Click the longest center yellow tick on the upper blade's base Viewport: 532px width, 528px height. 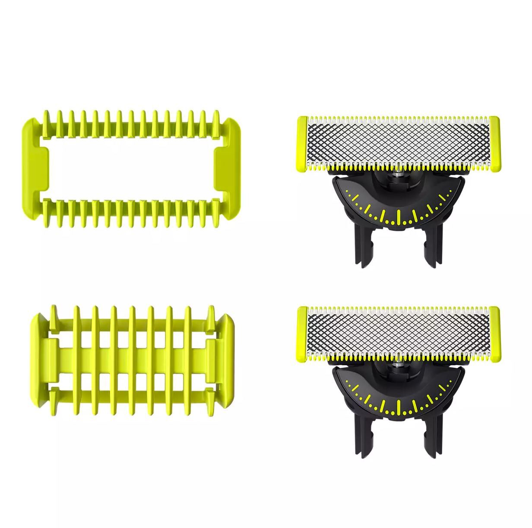[398, 216]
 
